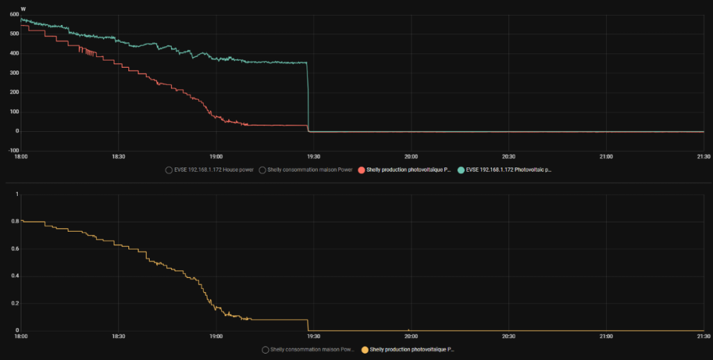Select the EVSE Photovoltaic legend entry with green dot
coord(508,170)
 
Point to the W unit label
coord(24,9)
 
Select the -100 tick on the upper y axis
coord(12,150)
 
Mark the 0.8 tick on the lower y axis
coord(14,221)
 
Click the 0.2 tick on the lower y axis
coord(14,304)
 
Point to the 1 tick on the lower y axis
coord(16,194)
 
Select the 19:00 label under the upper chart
coord(216,157)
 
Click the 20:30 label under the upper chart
coord(508,157)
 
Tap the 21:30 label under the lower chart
coord(703,336)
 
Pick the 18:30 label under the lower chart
coord(118,336)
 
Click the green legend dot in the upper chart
coord(461,170)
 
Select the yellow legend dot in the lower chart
coord(366,350)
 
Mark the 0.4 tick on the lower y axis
coord(14,276)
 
